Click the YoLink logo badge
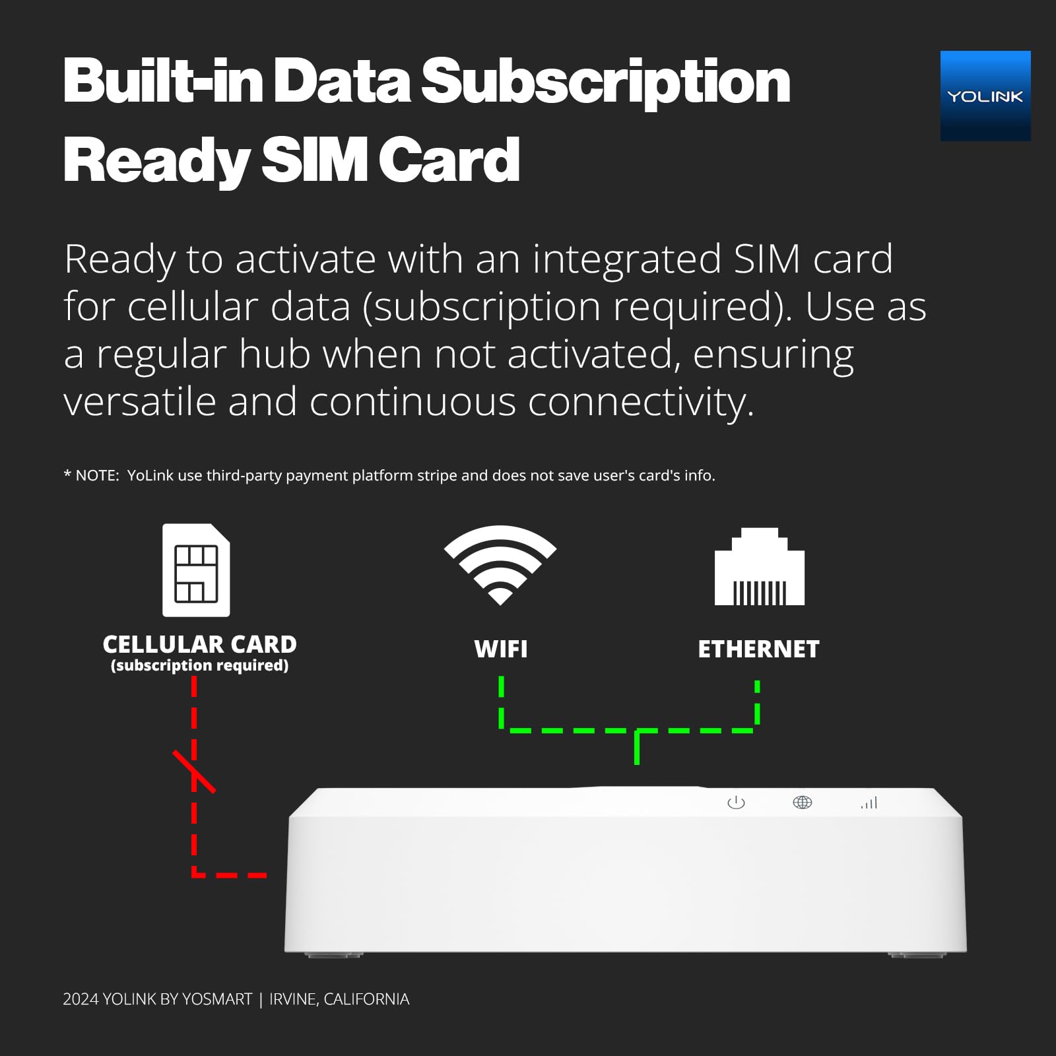(x=985, y=96)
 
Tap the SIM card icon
(x=196, y=570)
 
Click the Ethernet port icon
(x=759, y=568)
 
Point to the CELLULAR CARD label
(x=199, y=644)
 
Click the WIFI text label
(x=500, y=649)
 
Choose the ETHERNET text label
(x=758, y=649)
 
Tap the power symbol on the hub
(x=736, y=803)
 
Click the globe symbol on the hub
(x=802, y=803)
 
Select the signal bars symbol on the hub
(x=869, y=803)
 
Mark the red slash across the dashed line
(x=194, y=771)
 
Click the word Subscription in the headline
(x=605, y=82)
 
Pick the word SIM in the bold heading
(x=314, y=160)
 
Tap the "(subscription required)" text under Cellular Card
(x=199, y=665)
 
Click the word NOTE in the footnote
(x=96, y=476)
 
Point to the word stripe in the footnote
(x=437, y=476)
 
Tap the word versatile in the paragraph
(x=140, y=401)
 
